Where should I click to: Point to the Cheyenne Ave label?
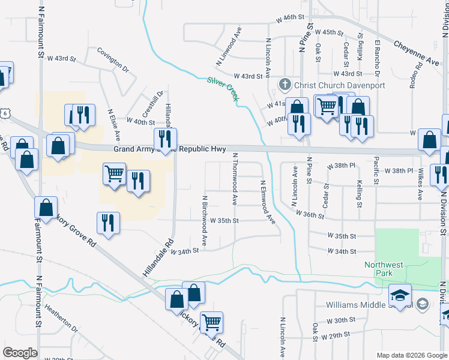[x=417, y=53]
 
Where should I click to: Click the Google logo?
[x=20, y=353]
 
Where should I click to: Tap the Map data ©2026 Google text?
[x=411, y=355]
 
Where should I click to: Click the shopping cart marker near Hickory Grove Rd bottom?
[x=211, y=322]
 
